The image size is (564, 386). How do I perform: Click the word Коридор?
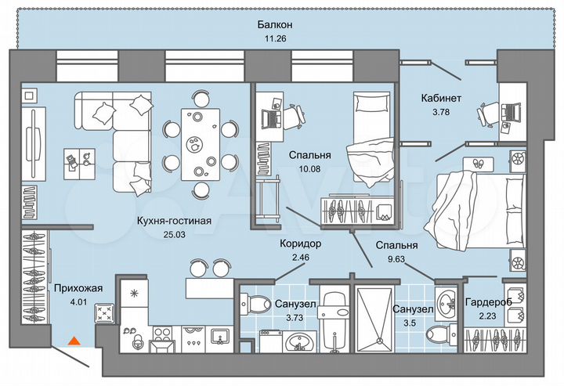coord(299,244)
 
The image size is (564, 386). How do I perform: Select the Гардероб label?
coord(488,302)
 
